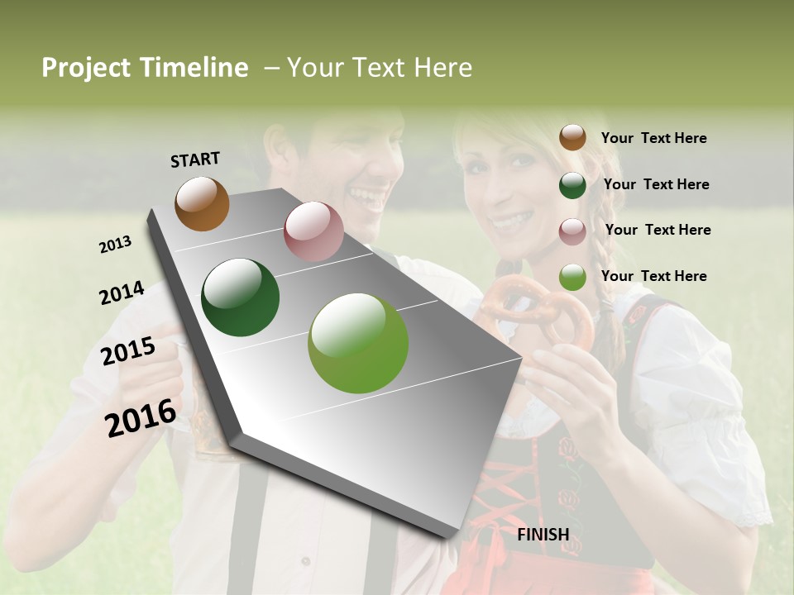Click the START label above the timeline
[195, 159]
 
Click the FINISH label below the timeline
[543, 535]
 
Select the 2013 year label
[116, 245]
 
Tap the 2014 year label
[122, 293]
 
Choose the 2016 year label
[141, 417]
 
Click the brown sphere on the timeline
[202, 203]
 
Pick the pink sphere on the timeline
[313, 231]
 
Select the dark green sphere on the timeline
[241, 297]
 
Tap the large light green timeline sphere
[358, 343]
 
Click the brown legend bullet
[572, 137]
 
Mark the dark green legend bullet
[572, 185]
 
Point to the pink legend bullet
[572, 231]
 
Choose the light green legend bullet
[572, 277]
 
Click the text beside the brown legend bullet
[653, 138]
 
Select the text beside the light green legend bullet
[653, 276]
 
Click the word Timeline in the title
[194, 68]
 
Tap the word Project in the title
[87, 68]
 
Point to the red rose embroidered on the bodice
[569, 450]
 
